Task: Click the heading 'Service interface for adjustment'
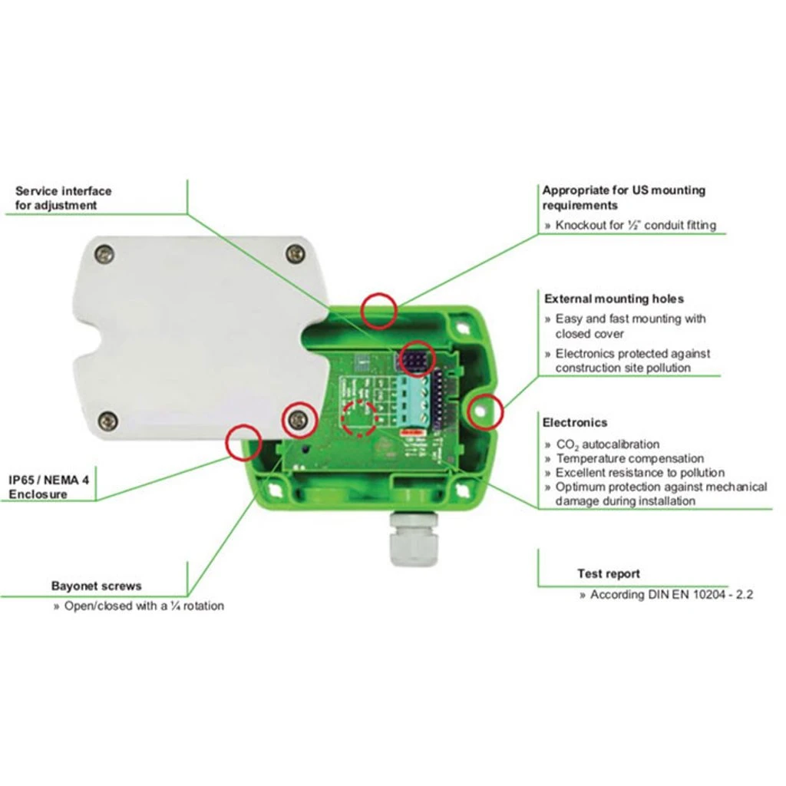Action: click(x=63, y=198)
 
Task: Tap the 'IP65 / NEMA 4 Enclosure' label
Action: click(x=48, y=487)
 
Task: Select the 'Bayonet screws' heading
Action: click(x=96, y=586)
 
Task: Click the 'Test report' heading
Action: click(x=609, y=573)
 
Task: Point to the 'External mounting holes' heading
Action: click(x=614, y=299)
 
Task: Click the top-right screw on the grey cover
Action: click(x=296, y=253)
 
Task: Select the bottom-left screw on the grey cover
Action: click(x=107, y=420)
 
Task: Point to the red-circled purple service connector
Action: click(x=417, y=359)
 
